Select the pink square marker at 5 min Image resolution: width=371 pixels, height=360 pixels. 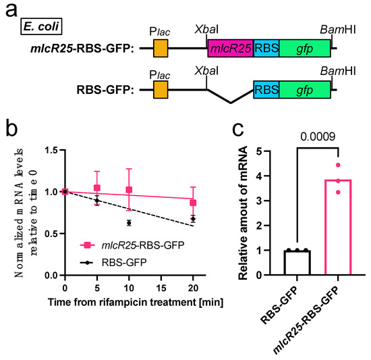(x=96, y=188)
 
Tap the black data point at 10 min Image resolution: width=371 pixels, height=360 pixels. (x=128, y=222)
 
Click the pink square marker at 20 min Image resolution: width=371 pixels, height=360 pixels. (x=193, y=203)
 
